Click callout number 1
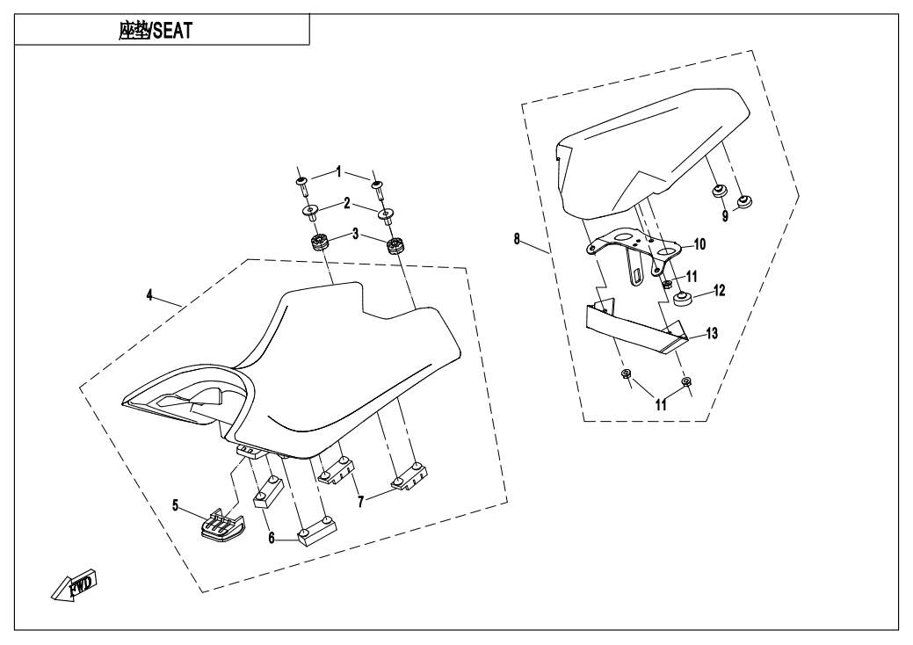[338, 173]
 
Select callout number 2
[347, 204]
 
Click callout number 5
[176, 505]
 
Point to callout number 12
[719, 288]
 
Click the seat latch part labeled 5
[220, 526]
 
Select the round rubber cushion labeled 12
[683, 299]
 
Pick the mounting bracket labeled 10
[633, 247]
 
